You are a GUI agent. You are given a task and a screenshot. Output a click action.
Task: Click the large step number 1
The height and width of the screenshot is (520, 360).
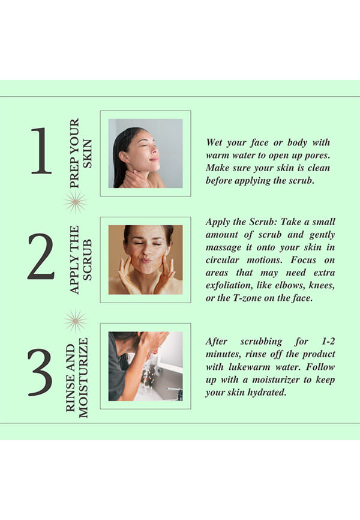tap(42, 151)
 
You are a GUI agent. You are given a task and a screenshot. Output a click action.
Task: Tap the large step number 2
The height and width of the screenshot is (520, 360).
tap(41, 256)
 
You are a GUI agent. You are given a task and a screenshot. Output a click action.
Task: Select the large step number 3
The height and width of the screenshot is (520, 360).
tap(40, 372)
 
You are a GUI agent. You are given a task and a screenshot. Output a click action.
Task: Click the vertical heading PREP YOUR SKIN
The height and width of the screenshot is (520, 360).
tap(80, 153)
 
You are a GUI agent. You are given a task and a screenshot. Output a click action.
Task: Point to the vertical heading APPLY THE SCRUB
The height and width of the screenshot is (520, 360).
tap(80, 259)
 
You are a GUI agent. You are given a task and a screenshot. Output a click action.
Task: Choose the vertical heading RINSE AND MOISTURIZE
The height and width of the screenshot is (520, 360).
tap(77, 378)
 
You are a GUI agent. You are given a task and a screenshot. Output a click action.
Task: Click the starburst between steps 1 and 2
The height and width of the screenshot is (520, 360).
tap(76, 202)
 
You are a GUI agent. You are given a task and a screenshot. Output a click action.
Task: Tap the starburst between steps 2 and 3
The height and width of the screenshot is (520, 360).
tap(76, 321)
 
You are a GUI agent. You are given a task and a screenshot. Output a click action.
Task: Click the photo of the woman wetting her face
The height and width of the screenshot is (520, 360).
tap(146, 153)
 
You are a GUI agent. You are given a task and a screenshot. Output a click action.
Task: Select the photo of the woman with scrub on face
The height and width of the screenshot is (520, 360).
tap(146, 259)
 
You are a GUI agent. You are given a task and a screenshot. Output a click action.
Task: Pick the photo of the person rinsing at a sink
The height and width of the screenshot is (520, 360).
tap(146, 366)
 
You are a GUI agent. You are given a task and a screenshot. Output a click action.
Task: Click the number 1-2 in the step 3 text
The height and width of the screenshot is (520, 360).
tap(328, 341)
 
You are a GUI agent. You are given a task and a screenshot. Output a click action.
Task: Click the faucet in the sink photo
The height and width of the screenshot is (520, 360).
tap(175, 392)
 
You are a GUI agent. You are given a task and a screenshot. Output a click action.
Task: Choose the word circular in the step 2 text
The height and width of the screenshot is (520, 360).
tap(222, 259)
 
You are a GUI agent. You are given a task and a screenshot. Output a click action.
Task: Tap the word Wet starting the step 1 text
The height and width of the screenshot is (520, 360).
tap(214, 142)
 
